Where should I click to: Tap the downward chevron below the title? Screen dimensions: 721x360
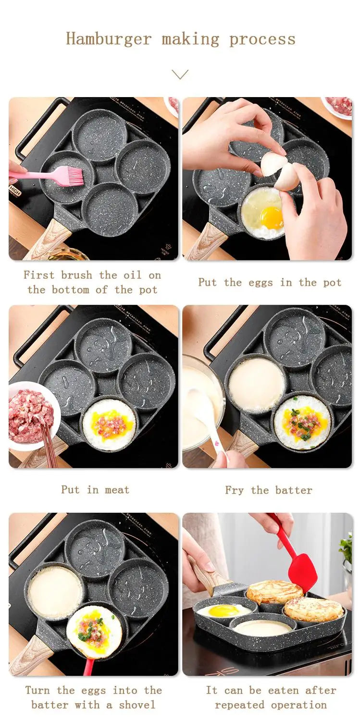click(180, 75)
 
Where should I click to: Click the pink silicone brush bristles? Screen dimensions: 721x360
click(72, 175)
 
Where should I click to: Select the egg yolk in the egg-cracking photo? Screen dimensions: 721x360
click(272, 218)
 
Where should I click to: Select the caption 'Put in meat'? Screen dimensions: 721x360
click(95, 490)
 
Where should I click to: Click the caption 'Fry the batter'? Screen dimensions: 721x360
click(268, 490)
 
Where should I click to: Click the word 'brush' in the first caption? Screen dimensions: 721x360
click(77, 275)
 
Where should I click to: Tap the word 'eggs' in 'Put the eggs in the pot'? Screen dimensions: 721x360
click(260, 283)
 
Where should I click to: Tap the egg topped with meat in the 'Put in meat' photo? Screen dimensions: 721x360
click(109, 424)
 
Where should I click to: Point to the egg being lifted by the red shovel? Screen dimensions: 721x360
click(94, 631)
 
